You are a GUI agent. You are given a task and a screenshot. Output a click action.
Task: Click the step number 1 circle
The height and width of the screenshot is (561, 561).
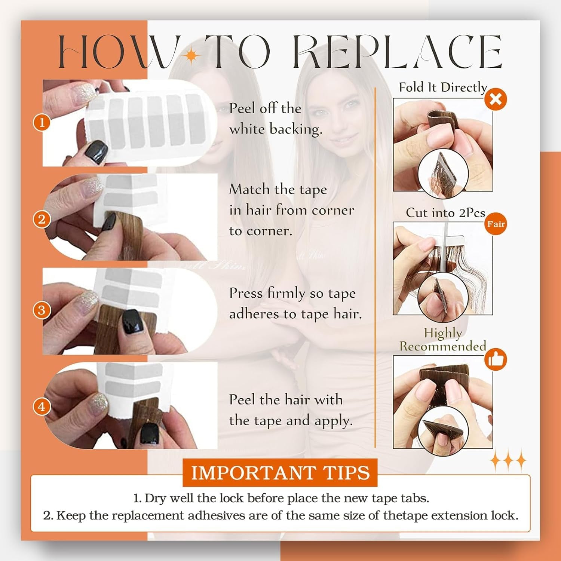pyautogui.click(x=42, y=122)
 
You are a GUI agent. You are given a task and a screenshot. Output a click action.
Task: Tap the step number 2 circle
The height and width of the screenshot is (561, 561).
pyautogui.click(x=42, y=219)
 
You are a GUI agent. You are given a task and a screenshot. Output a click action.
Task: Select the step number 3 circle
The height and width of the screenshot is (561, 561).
pyautogui.click(x=42, y=310)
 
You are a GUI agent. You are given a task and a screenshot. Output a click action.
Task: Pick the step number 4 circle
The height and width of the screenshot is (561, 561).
pyautogui.click(x=42, y=407)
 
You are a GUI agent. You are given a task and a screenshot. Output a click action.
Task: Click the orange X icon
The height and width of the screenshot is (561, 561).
pyautogui.click(x=496, y=99)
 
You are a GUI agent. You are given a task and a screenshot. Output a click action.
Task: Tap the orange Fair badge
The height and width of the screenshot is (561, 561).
pyautogui.click(x=496, y=224)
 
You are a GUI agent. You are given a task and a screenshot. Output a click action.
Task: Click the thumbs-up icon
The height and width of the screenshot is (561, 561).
pyautogui.click(x=496, y=360)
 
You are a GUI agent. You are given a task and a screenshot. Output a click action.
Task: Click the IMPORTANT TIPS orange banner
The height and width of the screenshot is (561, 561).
pyautogui.click(x=280, y=472)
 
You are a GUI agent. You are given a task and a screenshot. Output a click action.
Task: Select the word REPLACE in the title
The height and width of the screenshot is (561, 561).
pyautogui.click(x=397, y=52)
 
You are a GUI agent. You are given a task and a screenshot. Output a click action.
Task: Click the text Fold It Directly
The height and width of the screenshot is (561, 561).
pyautogui.click(x=443, y=88)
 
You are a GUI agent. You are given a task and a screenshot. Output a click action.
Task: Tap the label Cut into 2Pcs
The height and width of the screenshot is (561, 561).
pyautogui.click(x=445, y=212)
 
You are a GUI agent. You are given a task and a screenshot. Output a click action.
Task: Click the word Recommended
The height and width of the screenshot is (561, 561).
pyautogui.click(x=443, y=346)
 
